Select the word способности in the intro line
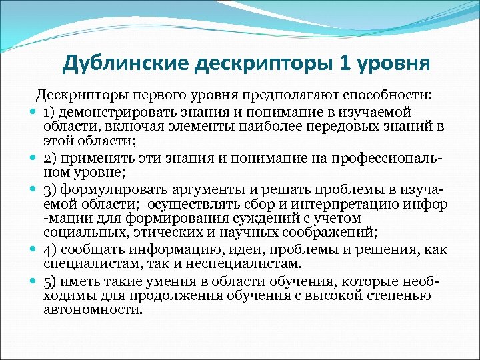pyautogui.click(x=387, y=94)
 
